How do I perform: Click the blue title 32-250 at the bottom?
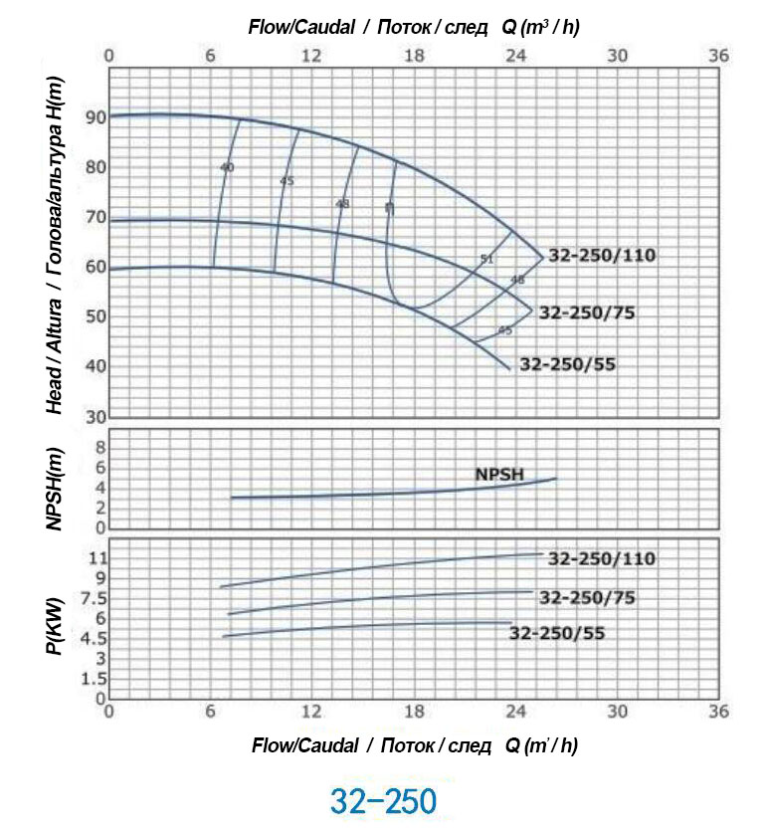pos(383,801)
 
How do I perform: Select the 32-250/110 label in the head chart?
pos(603,256)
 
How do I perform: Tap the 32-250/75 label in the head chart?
pos(587,313)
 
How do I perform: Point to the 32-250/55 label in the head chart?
pos(568,364)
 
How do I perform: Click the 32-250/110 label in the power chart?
pos(602,559)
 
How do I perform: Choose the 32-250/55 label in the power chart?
pos(557,633)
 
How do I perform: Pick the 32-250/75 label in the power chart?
pos(587,598)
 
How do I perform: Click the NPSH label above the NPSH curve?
pos(498,474)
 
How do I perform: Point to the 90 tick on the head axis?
pos(96,117)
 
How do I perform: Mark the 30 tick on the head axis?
pos(96,416)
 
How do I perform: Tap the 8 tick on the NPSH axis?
pos(99,448)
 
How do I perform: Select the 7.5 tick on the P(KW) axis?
pos(93,597)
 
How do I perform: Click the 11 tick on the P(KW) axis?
pos(96,557)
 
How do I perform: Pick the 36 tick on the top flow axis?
pos(717,55)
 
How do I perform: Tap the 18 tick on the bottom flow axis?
pos(414,713)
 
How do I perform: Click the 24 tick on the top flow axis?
pos(515,55)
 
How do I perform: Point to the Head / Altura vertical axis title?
pos(56,259)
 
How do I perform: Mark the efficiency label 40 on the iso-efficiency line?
pos(227,167)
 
